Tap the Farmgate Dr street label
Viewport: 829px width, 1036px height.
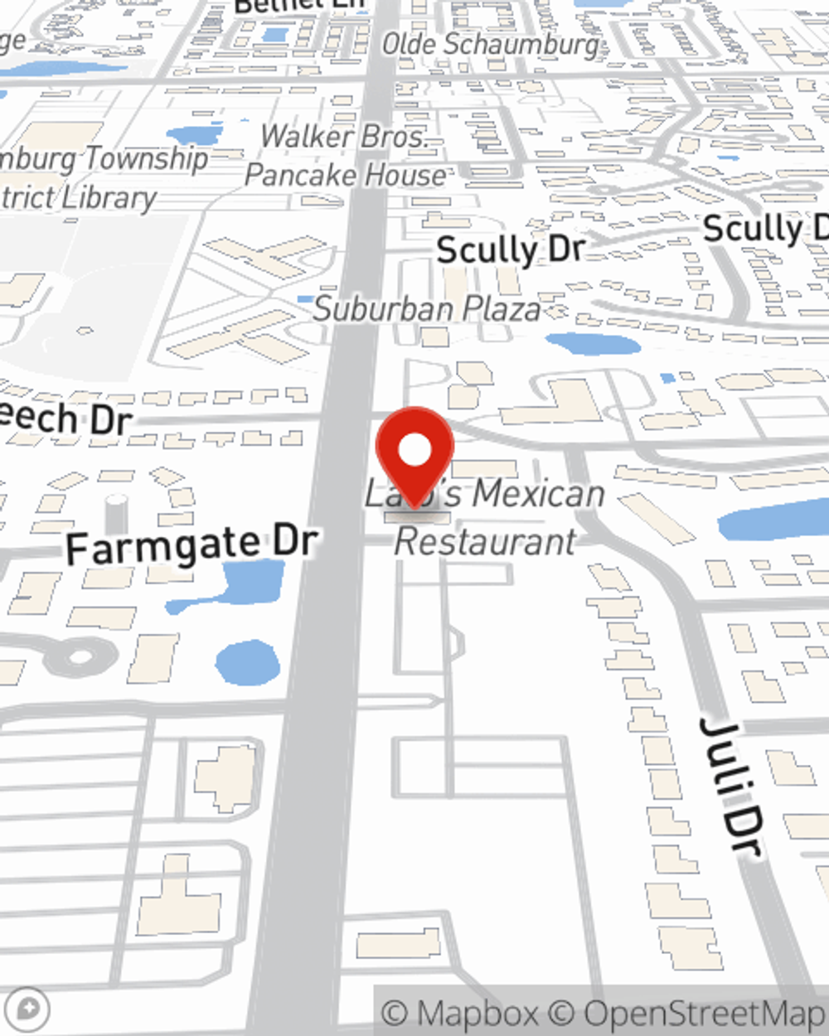[x=191, y=546]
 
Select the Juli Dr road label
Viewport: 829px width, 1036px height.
[x=730, y=783]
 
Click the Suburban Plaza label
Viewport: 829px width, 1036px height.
[x=427, y=309]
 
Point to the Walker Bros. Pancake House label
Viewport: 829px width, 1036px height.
[x=347, y=156]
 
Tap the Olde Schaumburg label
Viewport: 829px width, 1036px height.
[x=491, y=45]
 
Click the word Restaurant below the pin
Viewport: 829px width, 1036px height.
[x=485, y=542]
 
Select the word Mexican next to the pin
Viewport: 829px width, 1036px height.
[x=539, y=495]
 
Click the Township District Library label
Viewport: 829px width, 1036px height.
[x=99, y=177]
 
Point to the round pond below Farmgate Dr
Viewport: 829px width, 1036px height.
[x=247, y=663]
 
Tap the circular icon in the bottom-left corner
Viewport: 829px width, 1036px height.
[x=29, y=1009]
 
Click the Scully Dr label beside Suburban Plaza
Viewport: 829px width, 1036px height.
[x=511, y=249]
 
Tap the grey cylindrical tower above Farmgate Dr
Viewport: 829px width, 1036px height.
[x=116, y=513]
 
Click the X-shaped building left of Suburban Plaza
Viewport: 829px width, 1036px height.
[x=249, y=298]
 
